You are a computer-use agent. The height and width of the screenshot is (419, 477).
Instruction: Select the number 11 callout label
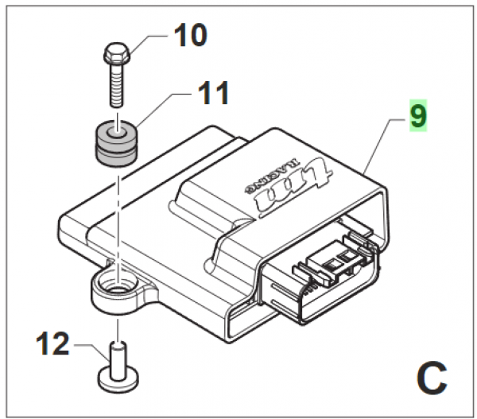(209, 94)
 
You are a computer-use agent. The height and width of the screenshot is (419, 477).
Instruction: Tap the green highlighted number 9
(418, 117)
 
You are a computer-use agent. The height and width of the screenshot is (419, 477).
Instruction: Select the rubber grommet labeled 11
(117, 143)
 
